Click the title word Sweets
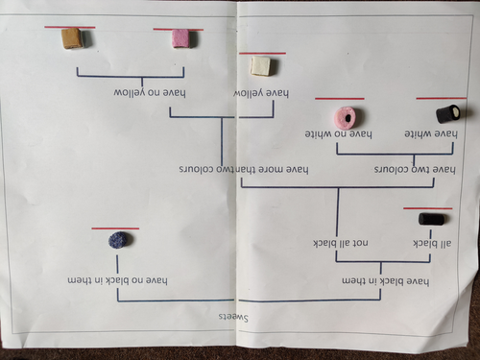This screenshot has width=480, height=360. pyautogui.click(x=233, y=318)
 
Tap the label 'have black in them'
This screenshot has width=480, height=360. pyautogui.click(x=386, y=281)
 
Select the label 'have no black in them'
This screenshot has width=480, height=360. pyautogui.click(x=117, y=280)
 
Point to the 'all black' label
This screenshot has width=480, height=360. pyautogui.click(x=432, y=244)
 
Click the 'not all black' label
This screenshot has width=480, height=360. pyautogui.click(x=341, y=243)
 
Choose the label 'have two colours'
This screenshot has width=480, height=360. pyautogui.click(x=415, y=169)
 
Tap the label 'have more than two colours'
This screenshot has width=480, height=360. pyautogui.click(x=244, y=169)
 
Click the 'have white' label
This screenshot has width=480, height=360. pyautogui.click(x=431, y=133)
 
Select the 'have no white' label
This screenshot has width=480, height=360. pyautogui.click(x=338, y=134)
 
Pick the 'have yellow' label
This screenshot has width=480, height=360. pyautogui.click(x=261, y=93)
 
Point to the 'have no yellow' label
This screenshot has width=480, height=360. pyautogui.click(x=150, y=93)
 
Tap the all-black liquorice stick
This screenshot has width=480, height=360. pyautogui.click(x=431, y=219)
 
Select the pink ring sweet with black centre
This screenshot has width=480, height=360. pyautogui.click(x=346, y=117)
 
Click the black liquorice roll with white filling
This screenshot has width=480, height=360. pyautogui.click(x=448, y=114)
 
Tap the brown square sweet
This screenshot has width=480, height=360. pyautogui.click(x=73, y=38)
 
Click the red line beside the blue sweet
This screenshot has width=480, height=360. pyautogui.click(x=115, y=228)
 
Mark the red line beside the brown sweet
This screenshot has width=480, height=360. pyautogui.click(x=70, y=27)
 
